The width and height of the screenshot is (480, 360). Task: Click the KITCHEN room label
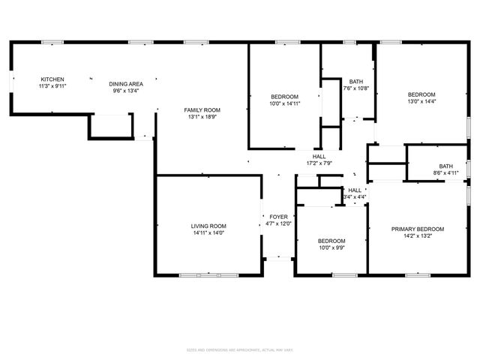pyautogui.click(x=52, y=79)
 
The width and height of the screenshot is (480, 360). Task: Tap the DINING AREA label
pyautogui.click(x=126, y=84)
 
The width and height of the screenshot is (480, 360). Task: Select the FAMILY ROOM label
pyautogui.click(x=202, y=110)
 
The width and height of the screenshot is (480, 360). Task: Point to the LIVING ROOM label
pyautogui.click(x=208, y=226)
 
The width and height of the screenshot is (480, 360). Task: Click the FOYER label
pyautogui.click(x=278, y=217)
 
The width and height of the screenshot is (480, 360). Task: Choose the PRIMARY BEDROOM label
pyautogui.click(x=418, y=229)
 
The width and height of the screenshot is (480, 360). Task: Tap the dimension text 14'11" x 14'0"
pyautogui.click(x=208, y=232)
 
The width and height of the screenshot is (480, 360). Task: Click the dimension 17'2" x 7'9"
pyautogui.click(x=319, y=163)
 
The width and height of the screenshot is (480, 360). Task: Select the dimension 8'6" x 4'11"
pyautogui.click(x=445, y=173)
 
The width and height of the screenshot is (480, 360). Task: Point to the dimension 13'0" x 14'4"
pyautogui.click(x=421, y=101)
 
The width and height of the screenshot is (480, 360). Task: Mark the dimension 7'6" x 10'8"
pyautogui.click(x=356, y=88)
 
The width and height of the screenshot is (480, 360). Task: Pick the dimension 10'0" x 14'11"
pyautogui.click(x=284, y=103)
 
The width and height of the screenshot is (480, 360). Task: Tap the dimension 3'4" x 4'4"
pyautogui.click(x=355, y=197)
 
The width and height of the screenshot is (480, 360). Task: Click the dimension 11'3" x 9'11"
pyautogui.click(x=52, y=86)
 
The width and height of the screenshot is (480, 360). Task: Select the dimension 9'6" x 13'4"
pyautogui.click(x=126, y=91)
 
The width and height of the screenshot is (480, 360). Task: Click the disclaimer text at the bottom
pyautogui.click(x=239, y=349)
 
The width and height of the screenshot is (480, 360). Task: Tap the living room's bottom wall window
pyautogui.click(x=209, y=275)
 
